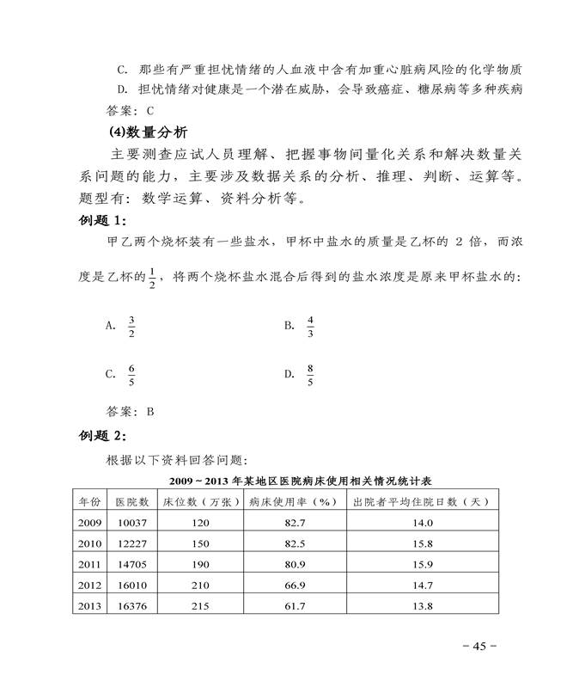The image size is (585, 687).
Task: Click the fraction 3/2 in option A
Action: (131, 327)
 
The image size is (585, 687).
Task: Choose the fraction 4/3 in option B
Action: (310, 327)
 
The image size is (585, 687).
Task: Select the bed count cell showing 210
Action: (200, 586)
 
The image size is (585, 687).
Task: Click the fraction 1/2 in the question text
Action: (152, 279)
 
